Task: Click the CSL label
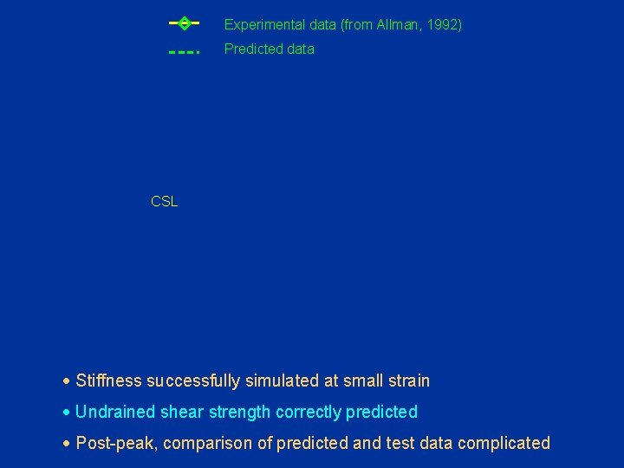tap(164, 201)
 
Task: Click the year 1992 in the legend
tap(442, 25)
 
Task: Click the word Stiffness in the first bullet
tap(109, 380)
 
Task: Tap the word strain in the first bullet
tap(407, 380)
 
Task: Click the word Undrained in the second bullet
tap(113, 412)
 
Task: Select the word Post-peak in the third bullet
tap(115, 443)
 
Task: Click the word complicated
tap(504, 443)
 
